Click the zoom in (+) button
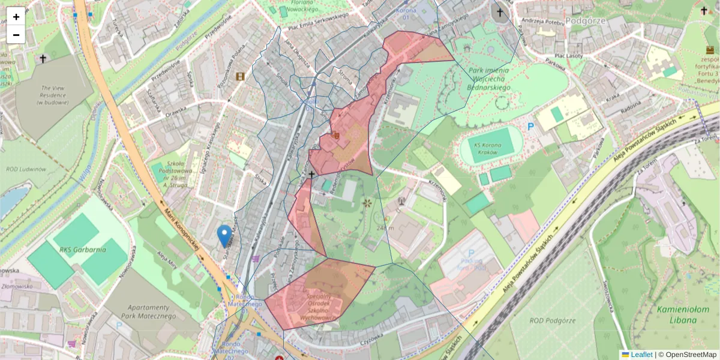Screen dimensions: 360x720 [16, 16]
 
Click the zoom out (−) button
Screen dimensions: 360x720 [16, 34]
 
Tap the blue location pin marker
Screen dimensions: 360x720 [225, 236]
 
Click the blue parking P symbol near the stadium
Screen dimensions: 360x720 [530, 127]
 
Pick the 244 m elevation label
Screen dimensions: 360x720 [386, 227]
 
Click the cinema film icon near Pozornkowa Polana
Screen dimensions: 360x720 [241, 76]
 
